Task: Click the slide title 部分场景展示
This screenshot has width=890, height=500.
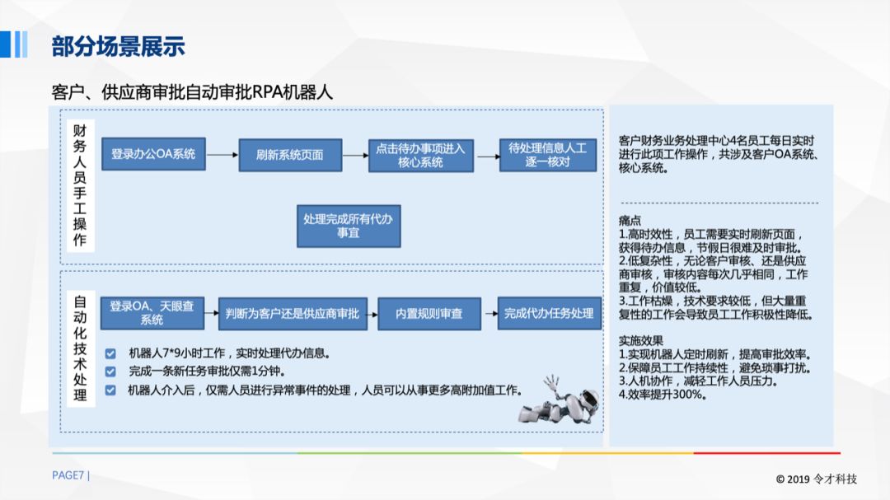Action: click(118, 46)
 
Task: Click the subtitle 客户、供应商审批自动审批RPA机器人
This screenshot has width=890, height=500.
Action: click(192, 91)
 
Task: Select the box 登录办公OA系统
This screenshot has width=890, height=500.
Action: click(153, 154)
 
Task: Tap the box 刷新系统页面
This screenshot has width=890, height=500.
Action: click(290, 155)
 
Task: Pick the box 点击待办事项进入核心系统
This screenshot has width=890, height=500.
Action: click(420, 155)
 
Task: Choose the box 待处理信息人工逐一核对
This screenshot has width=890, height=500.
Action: click(547, 155)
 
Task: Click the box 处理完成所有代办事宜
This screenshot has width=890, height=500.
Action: click(349, 226)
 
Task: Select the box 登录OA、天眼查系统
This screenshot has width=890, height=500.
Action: click(152, 313)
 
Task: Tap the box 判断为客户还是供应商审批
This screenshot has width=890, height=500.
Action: click(292, 313)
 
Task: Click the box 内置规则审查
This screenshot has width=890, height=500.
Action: click(429, 313)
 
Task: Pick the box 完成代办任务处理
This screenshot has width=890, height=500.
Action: click(549, 313)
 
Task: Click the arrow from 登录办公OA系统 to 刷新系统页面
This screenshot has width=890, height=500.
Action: click(222, 155)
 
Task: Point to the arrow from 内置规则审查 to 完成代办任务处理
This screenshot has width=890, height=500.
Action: click(489, 313)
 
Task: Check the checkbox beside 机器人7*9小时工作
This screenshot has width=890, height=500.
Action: click(110, 353)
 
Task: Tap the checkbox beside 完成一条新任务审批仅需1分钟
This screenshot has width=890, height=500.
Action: click(110, 371)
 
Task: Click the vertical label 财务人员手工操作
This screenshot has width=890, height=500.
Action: click(79, 186)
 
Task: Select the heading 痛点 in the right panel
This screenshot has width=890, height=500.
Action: click(630, 221)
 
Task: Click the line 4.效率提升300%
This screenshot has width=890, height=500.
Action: click(663, 395)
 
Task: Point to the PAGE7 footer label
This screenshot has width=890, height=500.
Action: click(71, 475)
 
